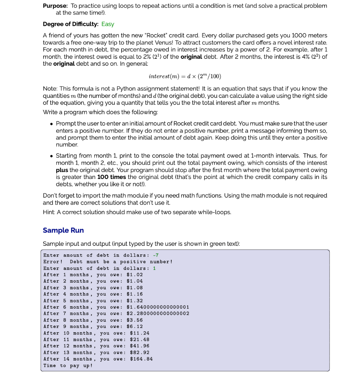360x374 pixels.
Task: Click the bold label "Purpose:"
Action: (x=55, y=6)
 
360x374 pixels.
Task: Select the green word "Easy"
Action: (x=108, y=24)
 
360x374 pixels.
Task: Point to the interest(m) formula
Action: (x=185, y=76)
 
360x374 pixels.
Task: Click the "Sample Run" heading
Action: (x=63, y=230)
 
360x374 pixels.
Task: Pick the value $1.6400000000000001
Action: (x=158, y=307)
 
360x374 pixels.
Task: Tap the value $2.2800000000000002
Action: (x=158, y=314)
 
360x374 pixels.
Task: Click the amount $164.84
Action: (x=141, y=359)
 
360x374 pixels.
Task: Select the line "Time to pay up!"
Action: (x=68, y=366)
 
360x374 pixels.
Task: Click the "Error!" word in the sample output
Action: (x=53, y=262)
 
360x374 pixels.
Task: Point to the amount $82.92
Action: (x=139, y=352)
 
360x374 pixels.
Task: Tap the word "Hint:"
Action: (x=50, y=212)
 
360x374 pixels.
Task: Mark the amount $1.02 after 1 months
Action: (x=134, y=275)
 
